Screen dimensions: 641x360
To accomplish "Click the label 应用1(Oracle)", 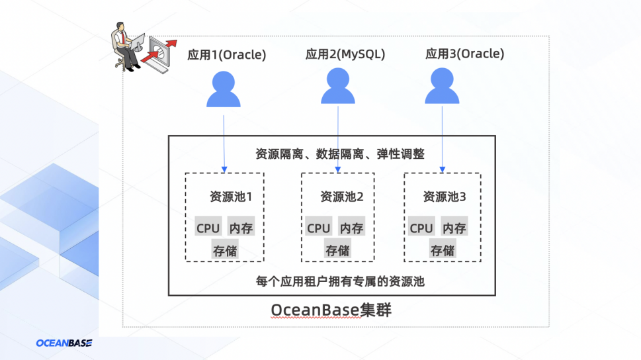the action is [226, 55].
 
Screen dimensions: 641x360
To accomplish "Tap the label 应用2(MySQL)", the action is [345, 54].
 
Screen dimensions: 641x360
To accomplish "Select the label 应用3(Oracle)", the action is [465, 54].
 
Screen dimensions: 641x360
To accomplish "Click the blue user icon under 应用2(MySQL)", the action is [337, 86].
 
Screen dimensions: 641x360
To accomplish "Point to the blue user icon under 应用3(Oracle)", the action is [442, 86].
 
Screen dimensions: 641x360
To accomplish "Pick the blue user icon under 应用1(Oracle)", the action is [223, 89].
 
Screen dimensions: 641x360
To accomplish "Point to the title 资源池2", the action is [342, 197].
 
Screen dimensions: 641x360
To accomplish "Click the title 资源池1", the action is [231, 197].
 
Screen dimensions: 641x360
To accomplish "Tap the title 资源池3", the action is [445, 197].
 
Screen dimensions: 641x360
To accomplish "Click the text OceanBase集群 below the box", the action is [331, 310].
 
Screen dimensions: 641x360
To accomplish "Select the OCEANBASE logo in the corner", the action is [64, 343].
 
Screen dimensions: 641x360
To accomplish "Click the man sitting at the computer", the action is [124, 46].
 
